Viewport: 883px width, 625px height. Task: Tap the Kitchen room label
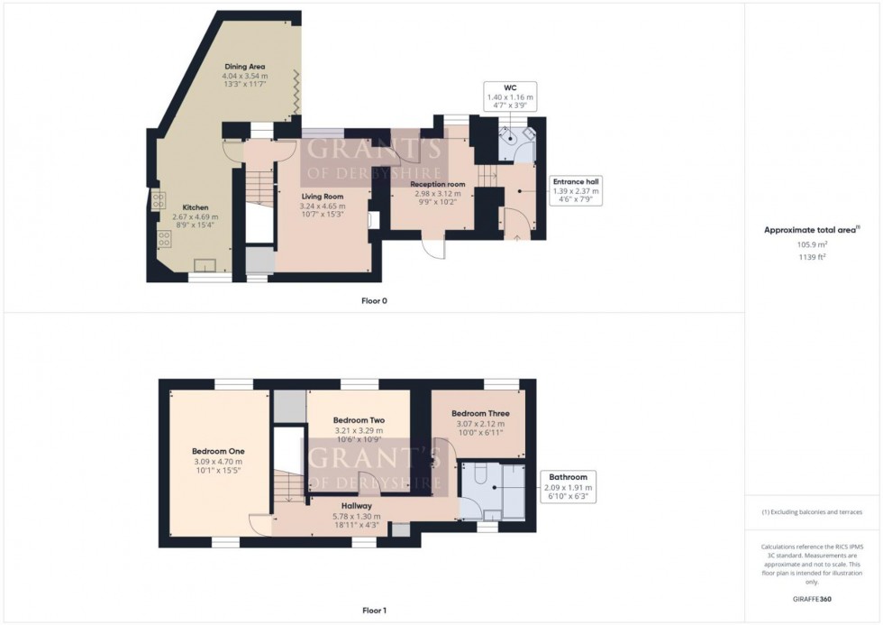click(x=196, y=207)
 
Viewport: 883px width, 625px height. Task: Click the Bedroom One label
click(x=218, y=452)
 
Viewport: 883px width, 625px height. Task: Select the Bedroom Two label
click(x=359, y=420)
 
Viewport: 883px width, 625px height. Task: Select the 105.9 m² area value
click(x=813, y=244)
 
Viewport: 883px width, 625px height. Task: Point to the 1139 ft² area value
click(x=813, y=257)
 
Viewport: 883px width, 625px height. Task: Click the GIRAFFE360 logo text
click(x=813, y=598)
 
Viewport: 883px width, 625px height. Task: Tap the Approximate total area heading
click(x=811, y=230)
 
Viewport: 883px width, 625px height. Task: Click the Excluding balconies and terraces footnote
click(x=812, y=511)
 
